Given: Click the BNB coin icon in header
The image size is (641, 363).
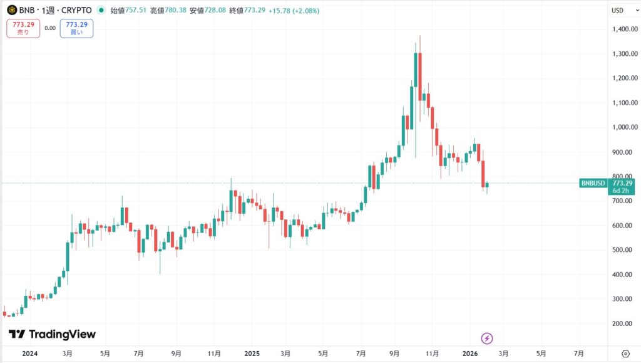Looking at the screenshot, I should [x=12, y=10].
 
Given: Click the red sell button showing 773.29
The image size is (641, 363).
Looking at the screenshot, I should [x=23, y=28].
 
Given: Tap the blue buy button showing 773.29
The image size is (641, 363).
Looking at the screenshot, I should [x=76, y=28].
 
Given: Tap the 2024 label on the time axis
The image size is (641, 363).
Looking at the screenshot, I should [x=29, y=353].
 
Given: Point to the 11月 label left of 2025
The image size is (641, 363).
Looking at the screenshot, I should [x=215, y=353].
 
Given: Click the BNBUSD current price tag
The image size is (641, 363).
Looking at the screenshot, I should [x=592, y=183].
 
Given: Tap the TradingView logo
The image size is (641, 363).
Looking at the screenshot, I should [x=53, y=334].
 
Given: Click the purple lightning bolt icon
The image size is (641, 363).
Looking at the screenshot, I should [x=487, y=339].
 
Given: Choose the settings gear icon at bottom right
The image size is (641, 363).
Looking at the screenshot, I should [x=625, y=353].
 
